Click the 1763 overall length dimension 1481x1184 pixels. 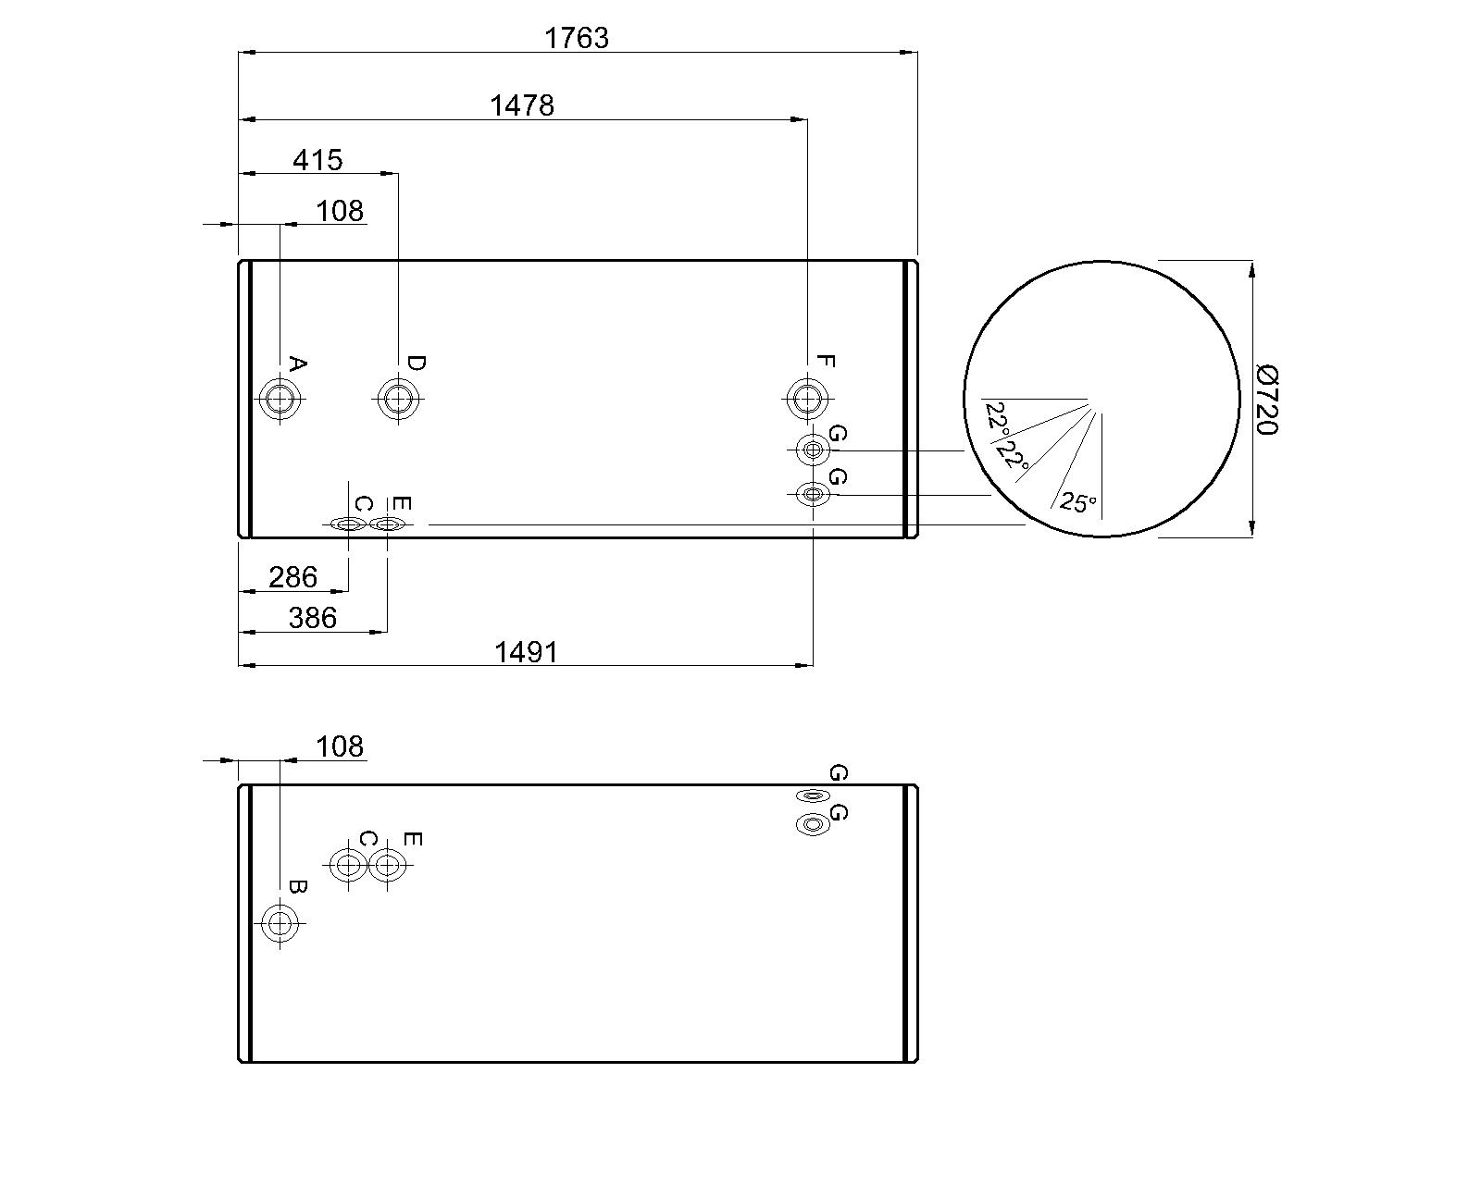point(577,38)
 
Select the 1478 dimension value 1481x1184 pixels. point(521,105)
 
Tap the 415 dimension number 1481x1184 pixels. point(317,160)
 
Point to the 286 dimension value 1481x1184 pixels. point(292,577)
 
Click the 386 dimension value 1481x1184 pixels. point(312,617)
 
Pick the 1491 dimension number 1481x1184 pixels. point(526,652)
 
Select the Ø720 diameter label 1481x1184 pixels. point(1267,399)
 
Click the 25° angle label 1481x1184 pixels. point(1077,503)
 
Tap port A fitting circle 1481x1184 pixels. point(280,400)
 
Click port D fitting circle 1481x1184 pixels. point(398,400)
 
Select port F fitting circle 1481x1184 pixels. point(807,400)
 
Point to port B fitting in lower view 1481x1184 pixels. point(280,922)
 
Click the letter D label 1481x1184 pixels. point(416,363)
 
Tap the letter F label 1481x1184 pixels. point(826,362)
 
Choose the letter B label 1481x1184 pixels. point(297,886)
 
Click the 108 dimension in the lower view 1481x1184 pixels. point(340,746)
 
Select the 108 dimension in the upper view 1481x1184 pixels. point(340,211)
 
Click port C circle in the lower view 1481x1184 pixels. point(348,865)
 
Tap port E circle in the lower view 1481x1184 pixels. point(388,865)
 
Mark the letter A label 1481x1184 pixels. point(297,364)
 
